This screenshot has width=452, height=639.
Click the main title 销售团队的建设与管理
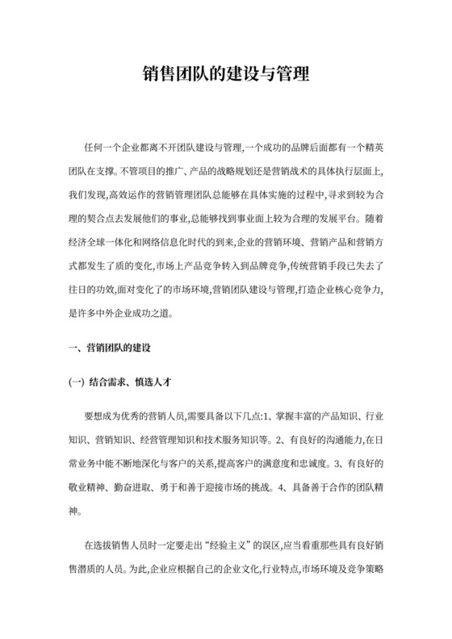[x=226, y=78]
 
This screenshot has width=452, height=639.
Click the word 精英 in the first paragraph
[x=373, y=148]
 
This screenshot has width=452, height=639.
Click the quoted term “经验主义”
[x=234, y=546]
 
